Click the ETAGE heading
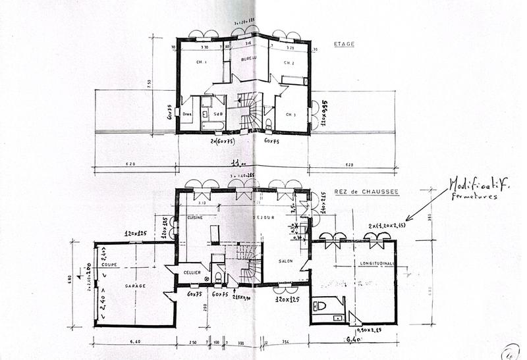pos(344,45)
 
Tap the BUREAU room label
pos(248,59)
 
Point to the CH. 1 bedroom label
pos(201,63)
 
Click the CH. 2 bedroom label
pos(289,63)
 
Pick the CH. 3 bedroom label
pos(291,114)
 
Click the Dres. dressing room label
pos(187,113)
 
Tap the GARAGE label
pos(133,286)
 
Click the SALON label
pos(285,261)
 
